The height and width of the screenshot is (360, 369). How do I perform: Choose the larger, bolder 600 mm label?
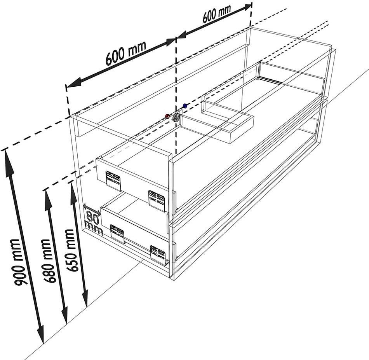coord(126,53)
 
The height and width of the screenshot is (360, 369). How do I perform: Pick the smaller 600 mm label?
coord(216,14)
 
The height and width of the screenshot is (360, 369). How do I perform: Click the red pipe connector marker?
coord(167,116)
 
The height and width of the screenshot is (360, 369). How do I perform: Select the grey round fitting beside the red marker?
coord(176,117)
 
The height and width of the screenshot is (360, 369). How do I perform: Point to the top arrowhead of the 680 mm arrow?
coord(49,198)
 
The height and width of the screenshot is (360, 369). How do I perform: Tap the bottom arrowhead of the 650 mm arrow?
coord(85,298)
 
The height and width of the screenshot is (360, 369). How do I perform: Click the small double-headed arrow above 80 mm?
coord(92,209)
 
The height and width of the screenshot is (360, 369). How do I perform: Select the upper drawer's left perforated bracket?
coord(113,180)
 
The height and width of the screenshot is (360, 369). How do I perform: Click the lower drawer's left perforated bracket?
coord(117,234)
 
